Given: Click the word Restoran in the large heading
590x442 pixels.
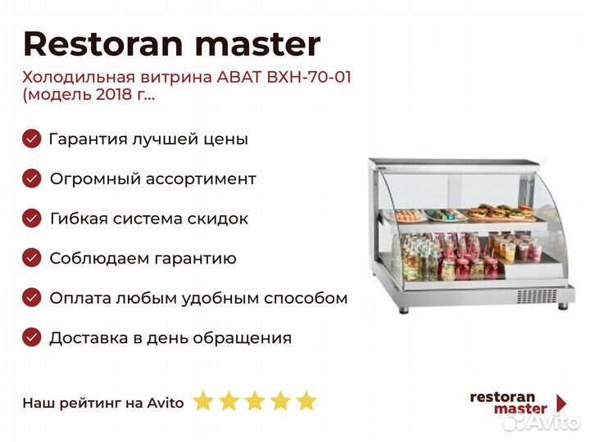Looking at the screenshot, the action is (103, 43).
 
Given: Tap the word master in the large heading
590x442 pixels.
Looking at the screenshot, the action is (258, 44).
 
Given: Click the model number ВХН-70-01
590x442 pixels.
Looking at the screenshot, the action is (309, 78).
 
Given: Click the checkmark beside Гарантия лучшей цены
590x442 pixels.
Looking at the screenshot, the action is (32, 138).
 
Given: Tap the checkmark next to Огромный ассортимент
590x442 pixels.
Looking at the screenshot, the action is (32, 178).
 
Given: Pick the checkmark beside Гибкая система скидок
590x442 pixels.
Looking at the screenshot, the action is (32, 219).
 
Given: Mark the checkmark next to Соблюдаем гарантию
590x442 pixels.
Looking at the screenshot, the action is (32, 258).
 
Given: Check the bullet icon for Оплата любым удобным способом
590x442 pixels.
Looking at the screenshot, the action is (32, 298).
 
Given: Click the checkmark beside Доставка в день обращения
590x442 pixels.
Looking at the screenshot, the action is (32, 337).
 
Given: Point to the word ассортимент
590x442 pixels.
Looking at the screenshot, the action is (201, 179).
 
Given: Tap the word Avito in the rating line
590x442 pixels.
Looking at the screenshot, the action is (166, 403).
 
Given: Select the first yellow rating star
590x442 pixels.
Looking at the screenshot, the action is (203, 400).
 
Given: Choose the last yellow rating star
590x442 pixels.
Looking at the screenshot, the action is (306, 400).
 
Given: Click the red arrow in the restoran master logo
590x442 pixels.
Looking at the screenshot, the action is (561, 403).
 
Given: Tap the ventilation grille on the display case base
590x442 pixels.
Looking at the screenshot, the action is (537, 296).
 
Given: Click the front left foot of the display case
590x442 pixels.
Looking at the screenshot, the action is (404, 310).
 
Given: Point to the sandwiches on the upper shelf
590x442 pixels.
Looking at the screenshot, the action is (501, 212).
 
